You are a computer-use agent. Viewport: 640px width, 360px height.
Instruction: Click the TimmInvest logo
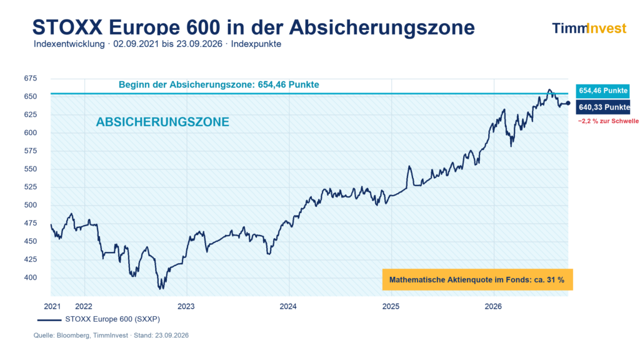pyautogui.click(x=589, y=28)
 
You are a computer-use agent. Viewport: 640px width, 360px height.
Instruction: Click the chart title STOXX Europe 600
pyautogui.click(x=126, y=27)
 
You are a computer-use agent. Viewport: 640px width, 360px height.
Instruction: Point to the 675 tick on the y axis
pyautogui.click(x=30, y=78)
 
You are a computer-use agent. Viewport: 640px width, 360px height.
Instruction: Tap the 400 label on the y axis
pyautogui.click(x=30, y=277)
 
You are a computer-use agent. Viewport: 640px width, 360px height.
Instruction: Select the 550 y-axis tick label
pyautogui.click(x=30, y=169)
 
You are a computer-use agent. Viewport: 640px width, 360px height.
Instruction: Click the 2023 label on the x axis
pyautogui.click(x=186, y=306)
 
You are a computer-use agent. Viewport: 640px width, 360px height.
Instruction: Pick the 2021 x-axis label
pyautogui.click(x=52, y=306)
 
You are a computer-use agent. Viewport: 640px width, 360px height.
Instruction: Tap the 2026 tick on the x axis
pyautogui.click(x=493, y=306)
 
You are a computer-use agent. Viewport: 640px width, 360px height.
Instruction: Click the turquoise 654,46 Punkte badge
pyautogui.click(x=603, y=91)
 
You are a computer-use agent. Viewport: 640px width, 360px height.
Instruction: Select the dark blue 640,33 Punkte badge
pyautogui.click(x=603, y=107)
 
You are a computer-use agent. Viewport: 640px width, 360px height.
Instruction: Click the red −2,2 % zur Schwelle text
pyautogui.click(x=608, y=121)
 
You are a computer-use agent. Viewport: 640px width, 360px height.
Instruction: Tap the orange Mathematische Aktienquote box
pyautogui.click(x=477, y=279)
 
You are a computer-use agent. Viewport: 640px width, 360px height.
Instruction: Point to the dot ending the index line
pyautogui.click(x=567, y=103)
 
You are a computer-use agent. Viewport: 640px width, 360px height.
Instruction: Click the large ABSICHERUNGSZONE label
pyautogui.click(x=162, y=122)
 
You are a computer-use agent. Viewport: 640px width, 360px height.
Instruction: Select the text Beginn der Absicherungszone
pyautogui.click(x=187, y=85)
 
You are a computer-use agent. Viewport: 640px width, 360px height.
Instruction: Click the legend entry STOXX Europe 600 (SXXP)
pyautogui.click(x=99, y=319)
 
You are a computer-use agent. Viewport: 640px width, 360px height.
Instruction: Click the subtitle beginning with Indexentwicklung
pyautogui.click(x=157, y=44)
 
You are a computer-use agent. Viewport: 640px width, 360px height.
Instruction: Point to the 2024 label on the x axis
pyautogui.click(x=288, y=306)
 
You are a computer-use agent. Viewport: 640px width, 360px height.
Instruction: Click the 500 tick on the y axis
pyautogui.click(x=30, y=205)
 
